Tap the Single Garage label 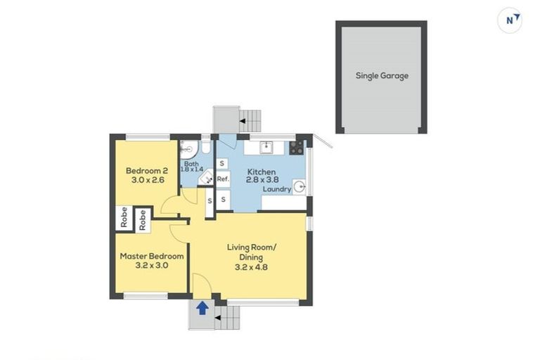(x=382, y=76)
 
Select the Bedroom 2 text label (x=146, y=170)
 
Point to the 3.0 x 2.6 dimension (x=146, y=181)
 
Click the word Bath (x=191, y=163)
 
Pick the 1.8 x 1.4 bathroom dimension (x=192, y=170)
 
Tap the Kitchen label (x=261, y=172)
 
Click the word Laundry (x=277, y=190)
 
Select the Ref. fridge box (x=223, y=179)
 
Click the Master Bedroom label (x=152, y=257)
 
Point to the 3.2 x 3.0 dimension (x=152, y=266)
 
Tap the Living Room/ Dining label (x=252, y=252)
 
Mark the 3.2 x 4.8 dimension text (x=252, y=267)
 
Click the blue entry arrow (x=202, y=307)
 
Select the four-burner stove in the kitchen (x=296, y=148)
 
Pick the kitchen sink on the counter (x=266, y=148)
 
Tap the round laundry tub (x=298, y=186)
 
